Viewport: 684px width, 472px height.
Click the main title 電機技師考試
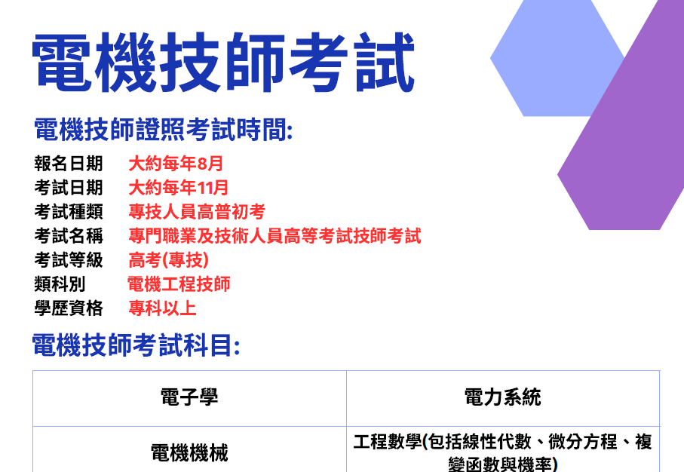point(223,62)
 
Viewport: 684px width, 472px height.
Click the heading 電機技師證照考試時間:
point(163,130)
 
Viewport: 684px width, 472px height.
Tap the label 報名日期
point(69,164)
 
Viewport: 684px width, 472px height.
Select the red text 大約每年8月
point(176,164)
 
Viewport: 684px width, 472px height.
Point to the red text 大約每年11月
point(178,188)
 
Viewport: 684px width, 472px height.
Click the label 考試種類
point(69,212)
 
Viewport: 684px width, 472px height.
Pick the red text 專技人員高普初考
point(197,212)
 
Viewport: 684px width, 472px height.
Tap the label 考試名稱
point(69,236)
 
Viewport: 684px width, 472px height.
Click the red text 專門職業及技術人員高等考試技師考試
point(275,236)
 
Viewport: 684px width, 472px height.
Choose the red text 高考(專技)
point(168,260)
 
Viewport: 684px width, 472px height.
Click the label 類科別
point(60,284)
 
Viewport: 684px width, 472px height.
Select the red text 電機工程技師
point(179,284)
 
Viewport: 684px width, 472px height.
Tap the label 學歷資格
point(69,308)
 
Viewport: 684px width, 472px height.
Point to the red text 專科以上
point(162,308)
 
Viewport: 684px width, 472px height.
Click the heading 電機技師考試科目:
point(136,345)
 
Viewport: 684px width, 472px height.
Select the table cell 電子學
point(189,397)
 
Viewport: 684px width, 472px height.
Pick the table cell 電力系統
point(503,397)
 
